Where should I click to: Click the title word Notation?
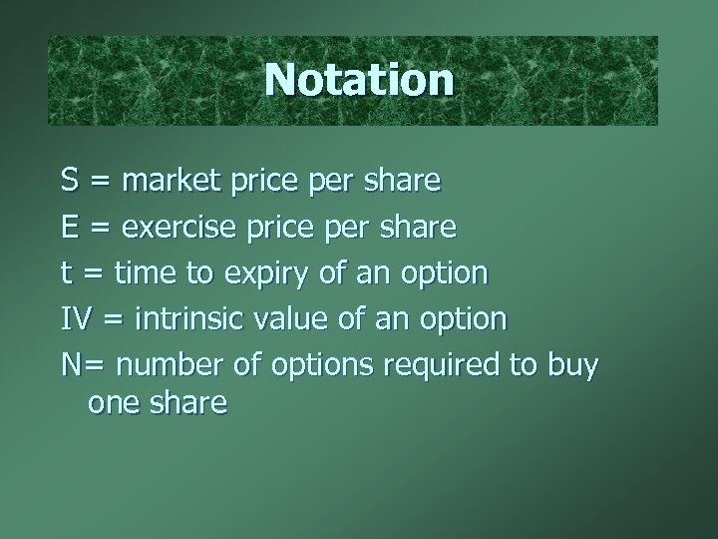[x=359, y=80]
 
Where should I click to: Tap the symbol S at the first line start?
[x=70, y=182]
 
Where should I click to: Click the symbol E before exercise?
[x=70, y=228]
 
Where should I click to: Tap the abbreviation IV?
[x=75, y=319]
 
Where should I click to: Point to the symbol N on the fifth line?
[x=71, y=365]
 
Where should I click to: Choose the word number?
[x=164, y=365]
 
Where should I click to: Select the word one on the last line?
[x=113, y=403]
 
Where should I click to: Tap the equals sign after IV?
[x=111, y=320]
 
